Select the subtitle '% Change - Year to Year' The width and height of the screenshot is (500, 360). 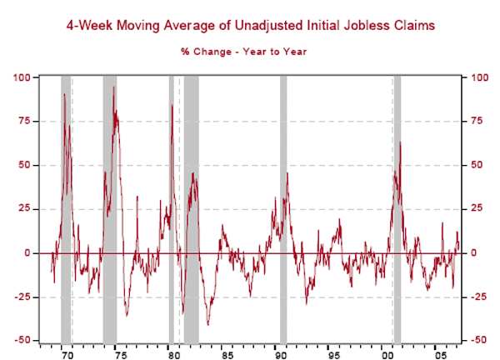[x=244, y=52]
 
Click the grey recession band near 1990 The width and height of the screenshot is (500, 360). [x=283, y=208]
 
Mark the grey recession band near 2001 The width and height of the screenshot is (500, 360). [x=397, y=208]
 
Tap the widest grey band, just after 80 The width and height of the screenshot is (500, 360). [x=192, y=208]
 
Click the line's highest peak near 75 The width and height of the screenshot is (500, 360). [x=113, y=87]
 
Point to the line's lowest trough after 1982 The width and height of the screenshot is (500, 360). [x=207, y=324]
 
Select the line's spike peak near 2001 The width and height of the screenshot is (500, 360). [x=401, y=142]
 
